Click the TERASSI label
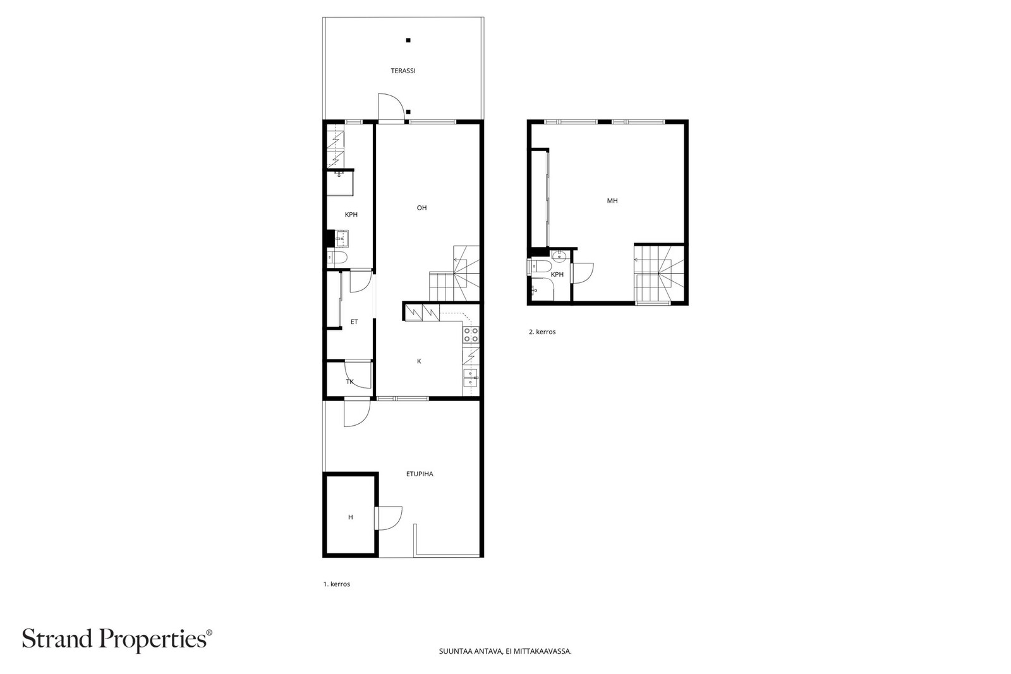coord(403,71)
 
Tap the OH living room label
coord(421,208)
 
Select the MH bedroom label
coord(612,201)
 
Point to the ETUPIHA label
coord(420,474)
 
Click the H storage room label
coord(351,517)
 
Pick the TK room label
coord(350,382)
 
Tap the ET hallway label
coord(354,322)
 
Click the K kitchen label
coord(419,361)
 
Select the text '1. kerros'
coord(337,584)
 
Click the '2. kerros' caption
coord(542,332)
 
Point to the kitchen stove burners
coord(471,334)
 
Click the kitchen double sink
coord(471,377)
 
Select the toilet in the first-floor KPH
coord(337,258)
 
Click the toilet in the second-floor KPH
coord(540,266)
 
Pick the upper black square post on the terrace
coord(408,40)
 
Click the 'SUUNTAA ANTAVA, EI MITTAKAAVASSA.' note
coord(505,651)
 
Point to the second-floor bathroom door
coord(582,273)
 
